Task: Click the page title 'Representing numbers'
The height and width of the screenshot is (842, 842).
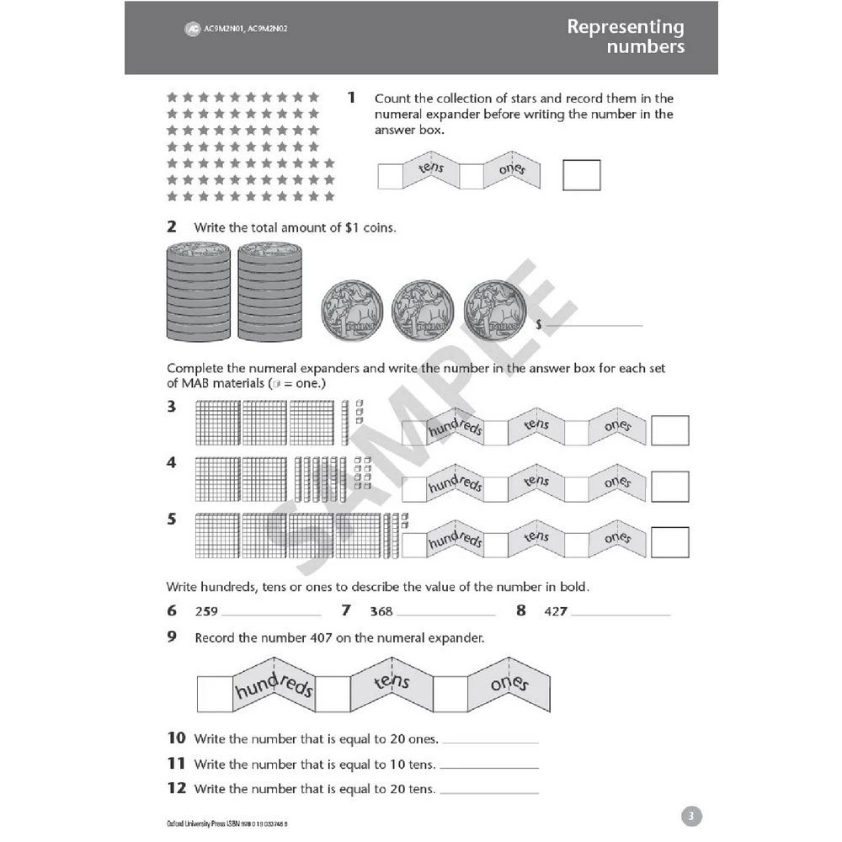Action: click(625, 36)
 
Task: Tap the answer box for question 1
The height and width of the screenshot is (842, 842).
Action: click(581, 175)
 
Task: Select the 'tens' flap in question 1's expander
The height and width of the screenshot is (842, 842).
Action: click(430, 171)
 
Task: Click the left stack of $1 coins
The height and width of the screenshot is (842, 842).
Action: click(199, 291)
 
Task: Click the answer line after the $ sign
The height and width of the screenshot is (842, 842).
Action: click(594, 323)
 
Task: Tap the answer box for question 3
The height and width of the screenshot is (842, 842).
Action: click(670, 430)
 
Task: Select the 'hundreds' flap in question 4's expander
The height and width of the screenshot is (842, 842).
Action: click(455, 486)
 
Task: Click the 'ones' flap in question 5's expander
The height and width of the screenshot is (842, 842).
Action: click(617, 538)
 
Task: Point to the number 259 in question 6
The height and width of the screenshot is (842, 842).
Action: click(206, 612)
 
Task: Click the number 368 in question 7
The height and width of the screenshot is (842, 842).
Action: click(381, 612)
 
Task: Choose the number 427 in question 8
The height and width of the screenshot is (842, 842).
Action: click(556, 612)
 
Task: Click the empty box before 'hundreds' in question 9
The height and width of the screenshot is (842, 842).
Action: click(214, 693)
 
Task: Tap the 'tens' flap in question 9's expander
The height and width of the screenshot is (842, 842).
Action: click(392, 682)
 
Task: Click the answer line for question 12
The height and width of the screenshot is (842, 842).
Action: click(489, 791)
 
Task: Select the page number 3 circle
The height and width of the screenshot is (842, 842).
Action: click(690, 816)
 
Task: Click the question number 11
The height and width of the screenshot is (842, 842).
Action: click(176, 764)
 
